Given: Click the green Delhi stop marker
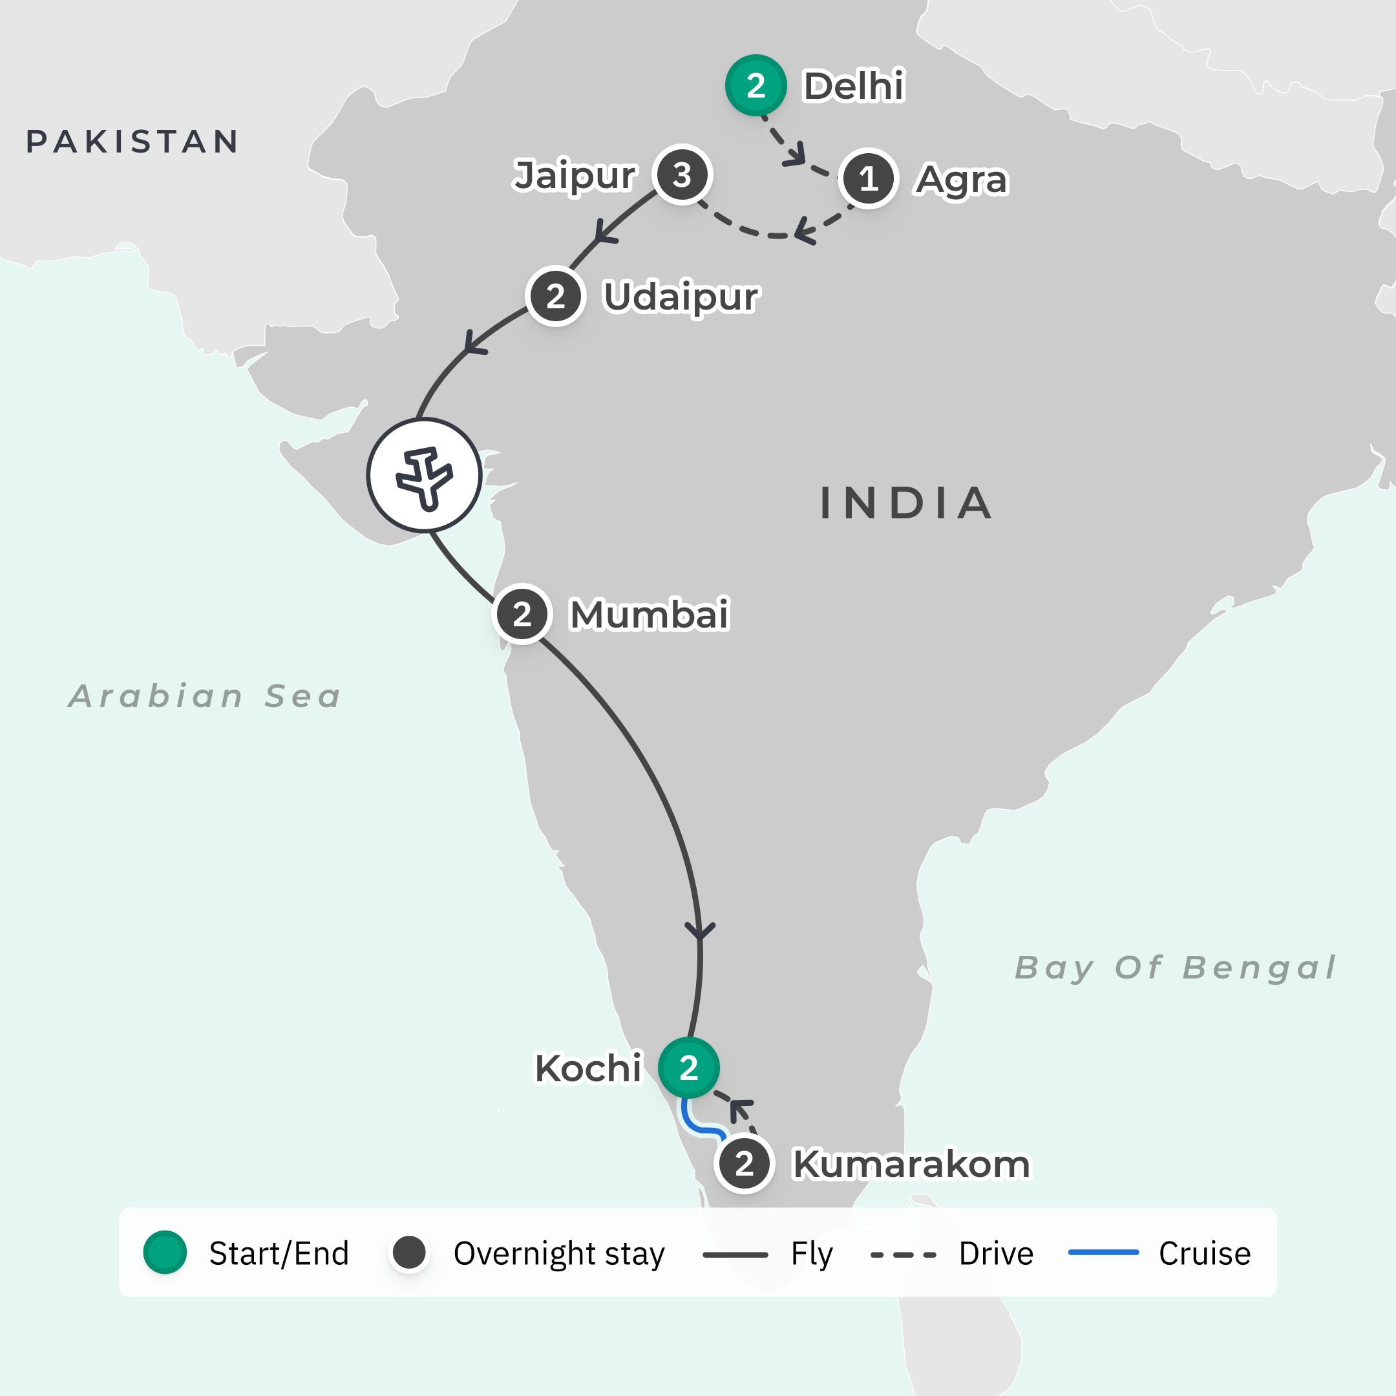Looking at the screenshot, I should coord(756,85).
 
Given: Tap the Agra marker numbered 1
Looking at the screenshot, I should coord(868,178).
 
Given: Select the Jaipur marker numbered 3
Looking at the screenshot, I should coord(682,175).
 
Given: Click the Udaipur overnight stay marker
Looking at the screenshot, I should coord(555,296).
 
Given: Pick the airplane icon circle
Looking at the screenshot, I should coord(424,476).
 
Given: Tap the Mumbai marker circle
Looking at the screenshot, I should coord(522,614).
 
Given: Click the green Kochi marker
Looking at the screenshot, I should coord(688,1067).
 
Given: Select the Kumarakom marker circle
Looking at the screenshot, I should coord(745,1164).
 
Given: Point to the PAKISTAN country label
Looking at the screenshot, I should coord(132,142).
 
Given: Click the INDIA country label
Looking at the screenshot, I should coord(906,503).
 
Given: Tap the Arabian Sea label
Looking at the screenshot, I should coord(204,696).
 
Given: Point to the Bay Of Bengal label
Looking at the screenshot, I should coord(1176,968).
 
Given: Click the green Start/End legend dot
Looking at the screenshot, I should coord(165,1253).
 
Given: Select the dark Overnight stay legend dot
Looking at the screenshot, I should coord(409,1253).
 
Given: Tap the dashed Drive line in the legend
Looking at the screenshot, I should coord(904,1254).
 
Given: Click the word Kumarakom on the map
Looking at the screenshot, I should coord(911,1164).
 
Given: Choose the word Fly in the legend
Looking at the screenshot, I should coord(812,1254).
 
